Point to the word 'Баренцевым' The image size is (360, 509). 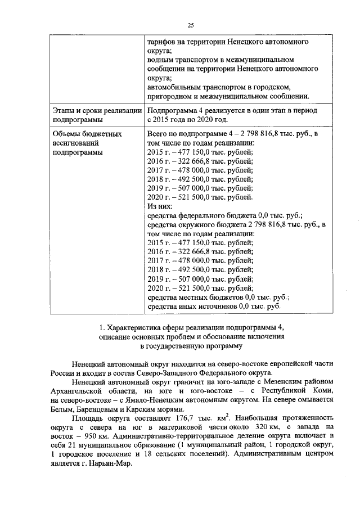pyautogui.click(x=94, y=409)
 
